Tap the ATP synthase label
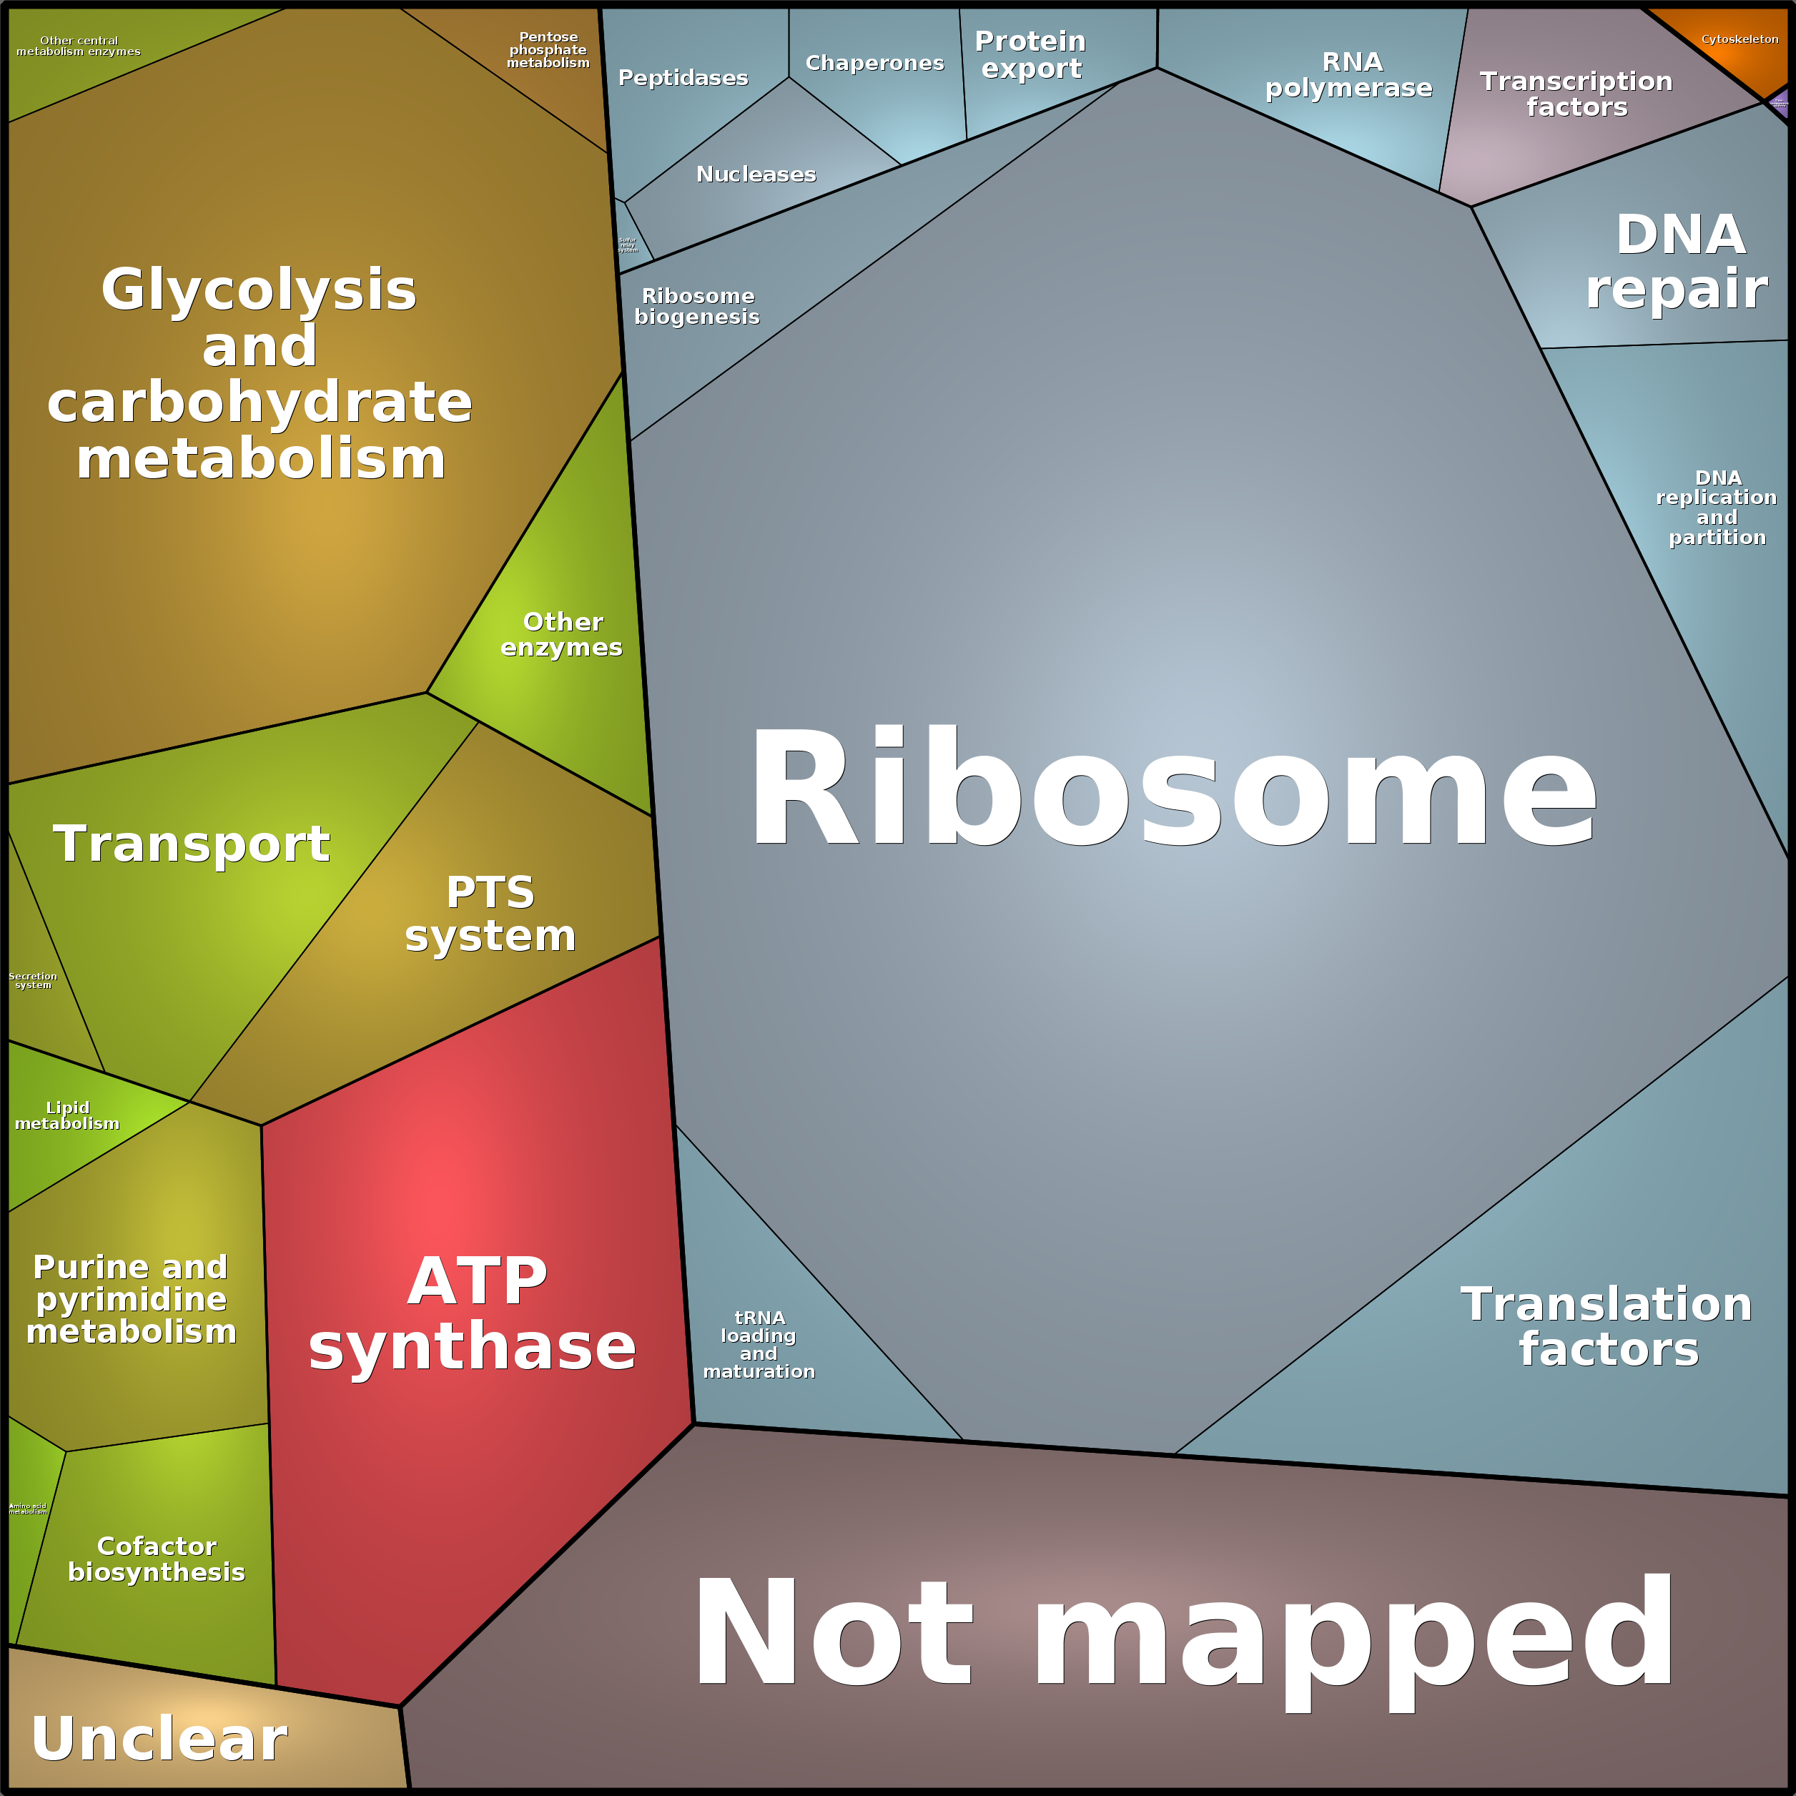click(473, 1313)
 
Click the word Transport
click(192, 844)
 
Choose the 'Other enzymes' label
click(561, 634)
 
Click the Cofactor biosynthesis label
click(156, 1559)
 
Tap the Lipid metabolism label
click(67, 1115)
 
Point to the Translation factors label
click(1607, 1326)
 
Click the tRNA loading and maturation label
click(759, 1344)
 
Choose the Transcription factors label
click(1577, 94)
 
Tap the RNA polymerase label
click(1350, 74)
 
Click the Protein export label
click(1031, 55)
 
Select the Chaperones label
click(874, 63)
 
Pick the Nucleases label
click(756, 174)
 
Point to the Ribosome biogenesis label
click(697, 306)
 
